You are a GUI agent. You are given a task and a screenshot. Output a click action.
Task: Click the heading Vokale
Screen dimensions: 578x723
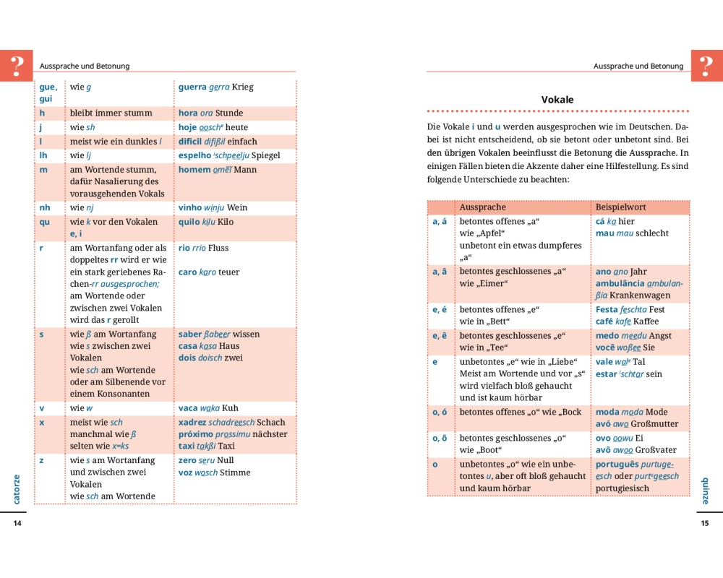point(557,100)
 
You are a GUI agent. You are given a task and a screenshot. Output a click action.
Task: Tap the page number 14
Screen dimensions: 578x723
point(17,524)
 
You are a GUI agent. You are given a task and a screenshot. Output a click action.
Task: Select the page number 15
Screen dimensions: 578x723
point(705,524)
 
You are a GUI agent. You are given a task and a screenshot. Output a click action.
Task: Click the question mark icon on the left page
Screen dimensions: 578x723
point(17,66)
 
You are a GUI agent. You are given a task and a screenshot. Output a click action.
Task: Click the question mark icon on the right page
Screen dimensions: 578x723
point(706,66)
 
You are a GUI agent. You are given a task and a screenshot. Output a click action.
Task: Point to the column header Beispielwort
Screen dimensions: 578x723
point(621,207)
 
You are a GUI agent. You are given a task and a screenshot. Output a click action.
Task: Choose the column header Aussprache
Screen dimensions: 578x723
point(482,207)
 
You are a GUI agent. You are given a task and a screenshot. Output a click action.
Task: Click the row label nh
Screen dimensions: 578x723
point(45,208)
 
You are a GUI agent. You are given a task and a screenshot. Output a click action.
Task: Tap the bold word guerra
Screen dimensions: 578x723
point(192,87)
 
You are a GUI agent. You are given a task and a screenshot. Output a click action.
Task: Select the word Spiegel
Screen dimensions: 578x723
point(265,155)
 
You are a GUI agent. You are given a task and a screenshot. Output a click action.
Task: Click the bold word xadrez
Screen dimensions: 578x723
point(192,423)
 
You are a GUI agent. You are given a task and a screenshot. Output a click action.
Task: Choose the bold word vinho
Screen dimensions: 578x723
point(191,208)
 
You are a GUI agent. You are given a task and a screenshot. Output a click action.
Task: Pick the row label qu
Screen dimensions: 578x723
point(45,223)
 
